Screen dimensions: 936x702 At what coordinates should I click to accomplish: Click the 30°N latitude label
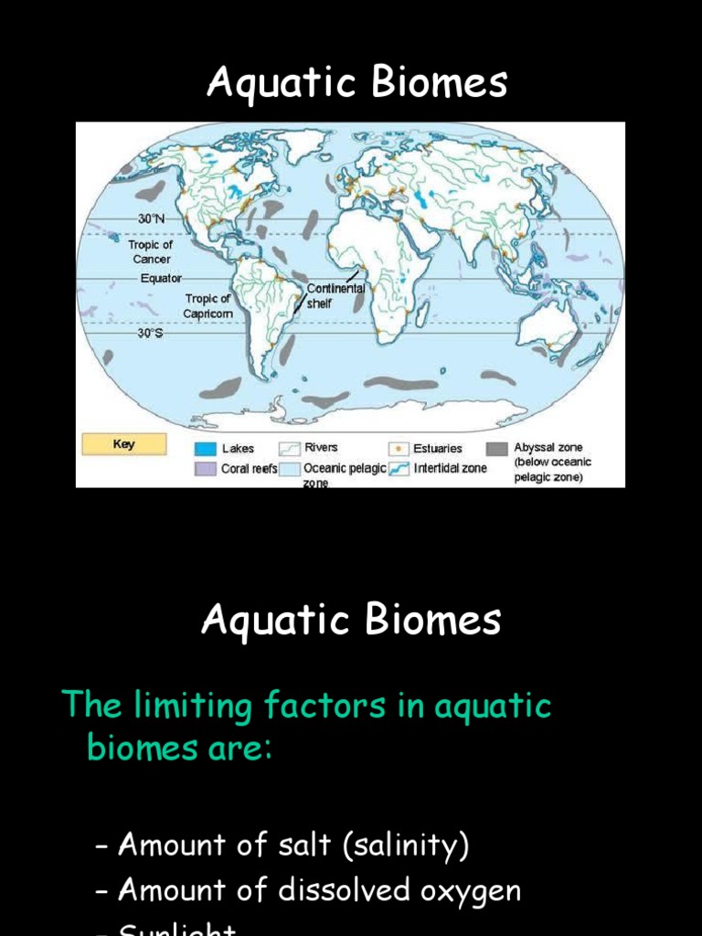(x=152, y=218)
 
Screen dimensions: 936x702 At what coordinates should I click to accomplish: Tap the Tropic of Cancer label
(x=152, y=251)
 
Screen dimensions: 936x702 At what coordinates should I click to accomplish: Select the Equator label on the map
(x=161, y=278)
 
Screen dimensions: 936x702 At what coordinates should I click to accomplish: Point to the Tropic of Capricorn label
(x=209, y=305)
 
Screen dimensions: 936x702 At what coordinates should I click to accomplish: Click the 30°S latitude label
(x=151, y=334)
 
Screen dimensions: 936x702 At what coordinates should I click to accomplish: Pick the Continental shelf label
(x=335, y=295)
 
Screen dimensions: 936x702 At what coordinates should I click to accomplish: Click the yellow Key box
(x=124, y=444)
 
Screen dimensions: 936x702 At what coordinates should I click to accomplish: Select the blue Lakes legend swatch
(x=205, y=449)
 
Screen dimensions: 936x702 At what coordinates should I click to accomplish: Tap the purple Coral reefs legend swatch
(x=205, y=469)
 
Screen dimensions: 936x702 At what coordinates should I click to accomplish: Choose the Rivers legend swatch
(x=290, y=448)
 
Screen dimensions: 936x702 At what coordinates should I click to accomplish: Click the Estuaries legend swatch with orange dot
(x=399, y=449)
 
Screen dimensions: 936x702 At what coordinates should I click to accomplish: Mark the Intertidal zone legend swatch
(x=399, y=469)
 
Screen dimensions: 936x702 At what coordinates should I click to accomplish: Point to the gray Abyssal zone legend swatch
(x=497, y=449)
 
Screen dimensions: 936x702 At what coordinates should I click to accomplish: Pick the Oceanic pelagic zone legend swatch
(x=290, y=469)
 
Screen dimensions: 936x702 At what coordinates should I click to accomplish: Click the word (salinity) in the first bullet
(x=406, y=846)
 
